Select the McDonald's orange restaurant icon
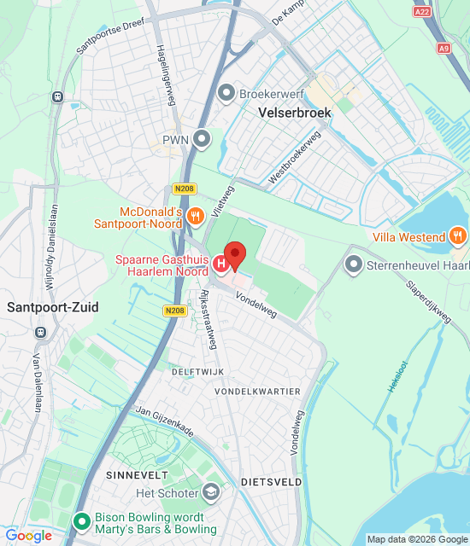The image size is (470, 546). click(196, 217)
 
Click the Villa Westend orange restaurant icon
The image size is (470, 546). click(458, 236)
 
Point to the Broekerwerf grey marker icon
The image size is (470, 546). click(226, 93)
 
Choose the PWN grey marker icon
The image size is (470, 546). click(202, 137)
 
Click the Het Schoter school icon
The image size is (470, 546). click(211, 492)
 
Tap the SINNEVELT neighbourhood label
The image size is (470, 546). click(135, 473)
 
